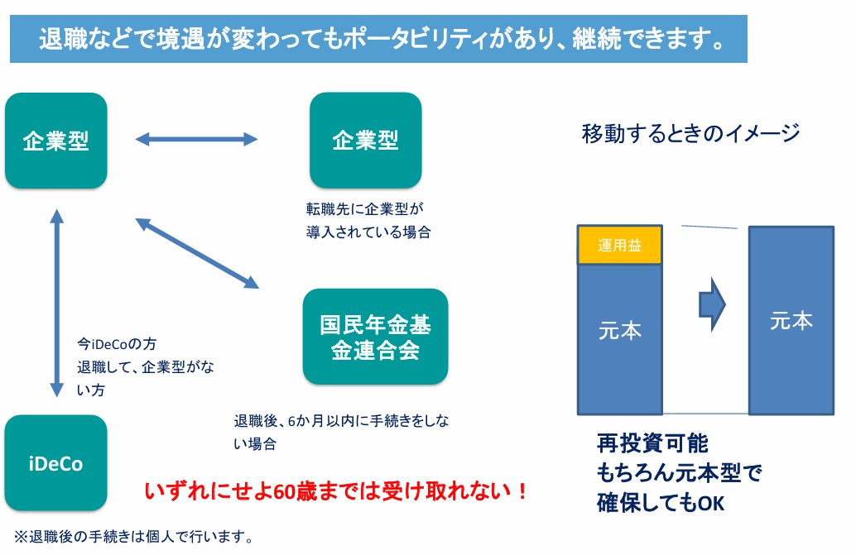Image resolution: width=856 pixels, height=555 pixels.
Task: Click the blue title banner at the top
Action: [378, 39]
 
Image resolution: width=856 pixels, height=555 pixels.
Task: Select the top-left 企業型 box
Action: [55, 141]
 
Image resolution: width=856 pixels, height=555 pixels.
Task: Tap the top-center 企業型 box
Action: [365, 141]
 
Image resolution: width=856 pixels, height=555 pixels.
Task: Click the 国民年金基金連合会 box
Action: [375, 337]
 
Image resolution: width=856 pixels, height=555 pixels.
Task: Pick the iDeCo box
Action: [55, 463]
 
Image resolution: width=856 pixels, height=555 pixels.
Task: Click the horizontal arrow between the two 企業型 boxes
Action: [197, 140]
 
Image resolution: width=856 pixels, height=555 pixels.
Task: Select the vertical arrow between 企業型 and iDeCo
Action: [56, 303]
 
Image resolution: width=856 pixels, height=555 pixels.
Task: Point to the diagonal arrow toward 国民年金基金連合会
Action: [197, 253]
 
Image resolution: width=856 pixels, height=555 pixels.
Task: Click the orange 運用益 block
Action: [619, 245]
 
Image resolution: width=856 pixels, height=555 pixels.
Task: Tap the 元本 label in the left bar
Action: [619, 331]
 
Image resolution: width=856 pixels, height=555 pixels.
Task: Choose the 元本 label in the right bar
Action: [791, 321]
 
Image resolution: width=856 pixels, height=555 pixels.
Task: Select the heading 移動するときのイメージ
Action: [690, 133]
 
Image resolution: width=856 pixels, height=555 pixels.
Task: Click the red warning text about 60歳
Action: [336, 491]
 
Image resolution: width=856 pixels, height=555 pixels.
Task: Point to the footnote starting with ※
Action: [132, 536]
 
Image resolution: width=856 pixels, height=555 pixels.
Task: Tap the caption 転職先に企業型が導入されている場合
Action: [368, 221]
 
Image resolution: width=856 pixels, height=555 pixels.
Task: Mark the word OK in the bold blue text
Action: [710, 503]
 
